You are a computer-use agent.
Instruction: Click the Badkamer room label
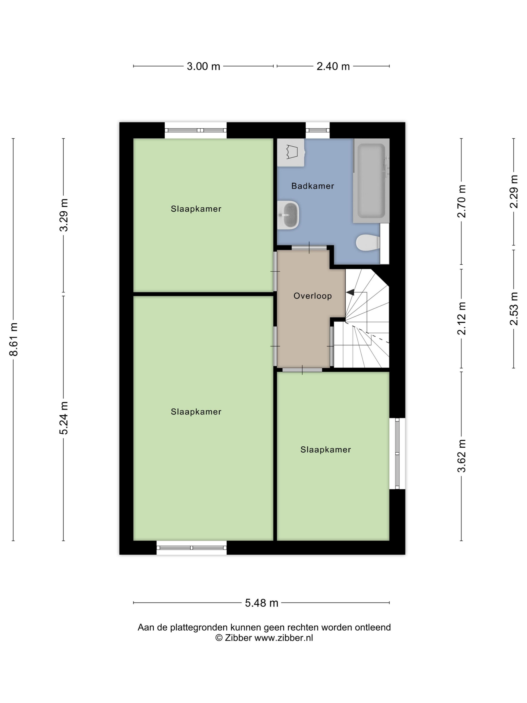coord(313,186)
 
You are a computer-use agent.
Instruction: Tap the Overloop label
coord(313,296)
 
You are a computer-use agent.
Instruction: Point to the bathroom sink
coord(288,215)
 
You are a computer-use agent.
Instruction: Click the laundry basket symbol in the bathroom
coord(291,153)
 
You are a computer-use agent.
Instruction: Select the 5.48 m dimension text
coord(261,603)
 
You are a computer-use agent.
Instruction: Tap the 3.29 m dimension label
coord(63,215)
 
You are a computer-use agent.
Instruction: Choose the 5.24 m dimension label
coord(63,418)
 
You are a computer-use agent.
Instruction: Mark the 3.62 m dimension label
coord(461,456)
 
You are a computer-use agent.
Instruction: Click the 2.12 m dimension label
coord(461,318)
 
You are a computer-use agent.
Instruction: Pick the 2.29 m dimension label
coord(514,192)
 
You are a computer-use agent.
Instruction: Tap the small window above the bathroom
coord(318,130)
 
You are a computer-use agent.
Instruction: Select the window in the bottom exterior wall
coord(191,548)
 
